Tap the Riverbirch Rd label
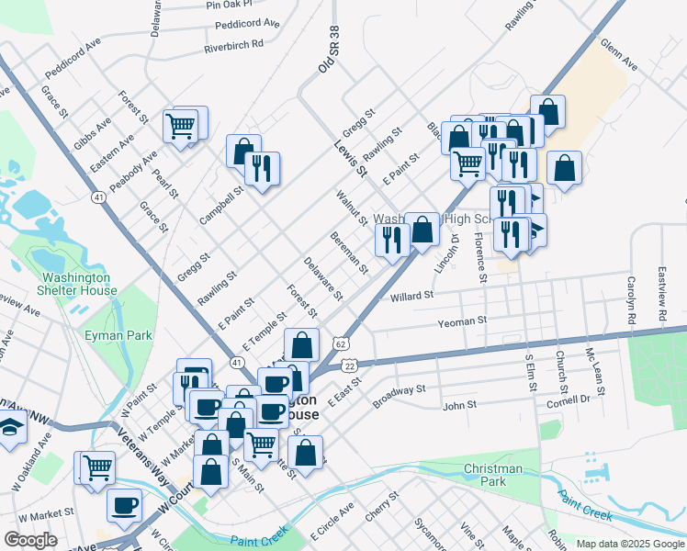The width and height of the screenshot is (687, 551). tap(233, 44)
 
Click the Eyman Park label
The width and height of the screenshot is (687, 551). tap(127, 336)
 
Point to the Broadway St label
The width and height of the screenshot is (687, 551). tap(399, 396)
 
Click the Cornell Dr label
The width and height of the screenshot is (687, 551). tap(568, 400)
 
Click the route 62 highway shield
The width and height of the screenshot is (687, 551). tap(340, 343)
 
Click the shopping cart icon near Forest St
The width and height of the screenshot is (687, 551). tap(180, 126)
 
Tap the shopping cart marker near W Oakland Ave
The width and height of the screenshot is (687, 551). tap(96, 467)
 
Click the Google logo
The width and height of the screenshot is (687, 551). tap(30, 540)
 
